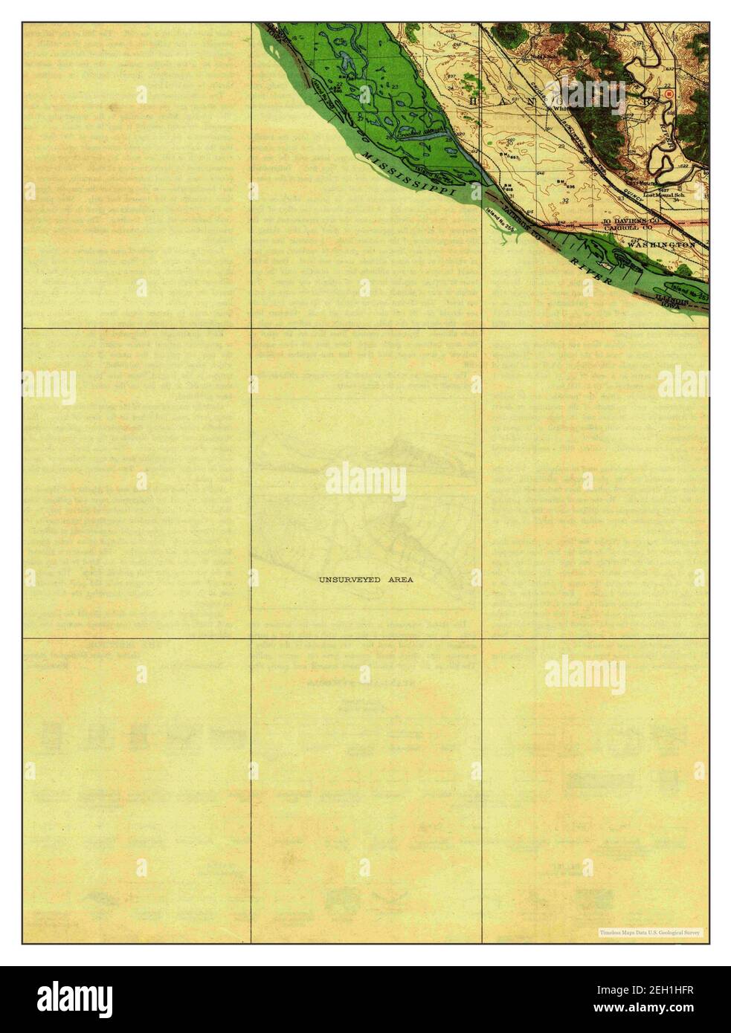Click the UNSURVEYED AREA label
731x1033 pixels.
pyautogui.click(x=366, y=579)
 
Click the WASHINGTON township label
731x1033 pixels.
pyautogui.click(x=666, y=245)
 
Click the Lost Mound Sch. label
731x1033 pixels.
pyautogui.click(x=663, y=195)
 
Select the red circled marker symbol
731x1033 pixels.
pyautogui.click(x=669, y=94)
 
